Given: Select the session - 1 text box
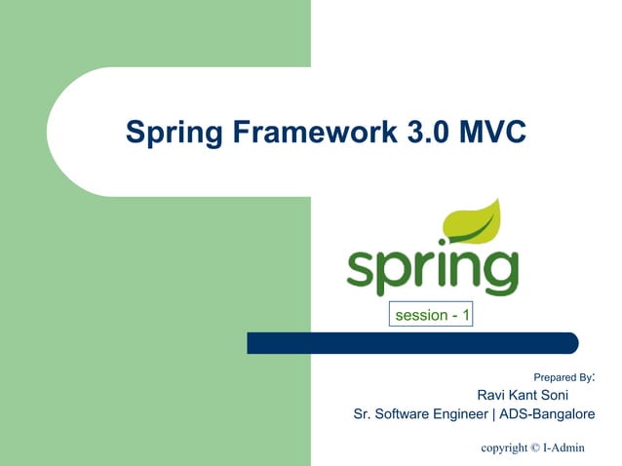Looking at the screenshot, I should tap(431, 315).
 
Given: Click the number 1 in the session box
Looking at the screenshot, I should tap(466, 315).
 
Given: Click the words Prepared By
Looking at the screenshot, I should tap(563, 376).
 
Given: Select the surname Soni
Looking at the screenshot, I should tap(565, 395).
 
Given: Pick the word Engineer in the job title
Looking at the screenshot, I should tap(458, 415).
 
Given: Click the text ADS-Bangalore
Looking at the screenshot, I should tap(547, 415).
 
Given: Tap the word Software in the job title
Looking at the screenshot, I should tap(400, 415).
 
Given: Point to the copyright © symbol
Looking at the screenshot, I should tap(533, 447).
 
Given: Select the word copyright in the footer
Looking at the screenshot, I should tap(504, 448).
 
